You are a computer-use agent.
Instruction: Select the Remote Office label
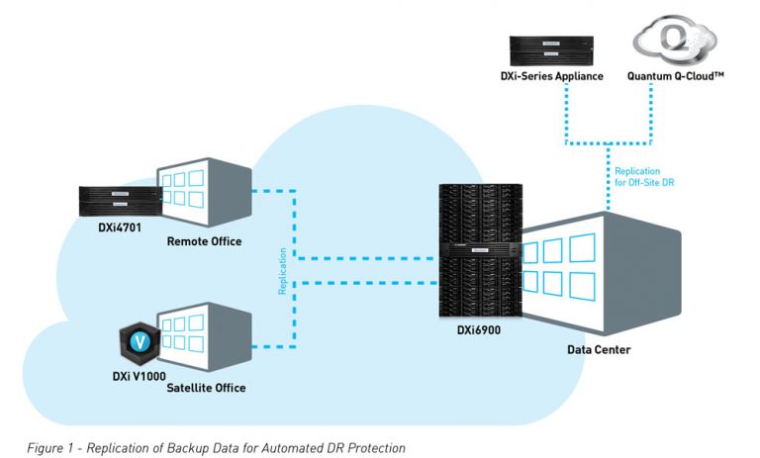tap(204, 241)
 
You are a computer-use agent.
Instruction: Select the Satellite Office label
tap(205, 388)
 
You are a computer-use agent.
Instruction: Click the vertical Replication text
tap(281, 269)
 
